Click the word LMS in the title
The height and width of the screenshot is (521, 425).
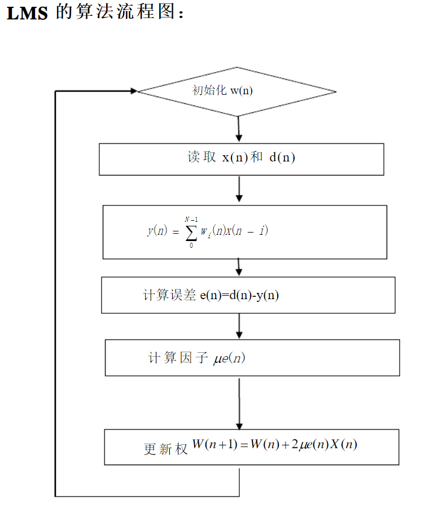27,14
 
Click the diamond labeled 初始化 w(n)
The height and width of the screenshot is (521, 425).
237,91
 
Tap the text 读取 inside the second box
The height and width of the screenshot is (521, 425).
201,157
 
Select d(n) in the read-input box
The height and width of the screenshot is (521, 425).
282,157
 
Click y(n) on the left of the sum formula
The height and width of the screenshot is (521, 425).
157,231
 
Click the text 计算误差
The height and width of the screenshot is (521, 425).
170,295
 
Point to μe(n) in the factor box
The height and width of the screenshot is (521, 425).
229,358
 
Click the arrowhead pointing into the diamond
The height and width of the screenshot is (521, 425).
134,91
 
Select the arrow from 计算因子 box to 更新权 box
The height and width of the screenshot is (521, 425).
239,404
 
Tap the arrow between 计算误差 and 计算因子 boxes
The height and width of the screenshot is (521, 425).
239,326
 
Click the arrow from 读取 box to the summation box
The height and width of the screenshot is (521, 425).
239,189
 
